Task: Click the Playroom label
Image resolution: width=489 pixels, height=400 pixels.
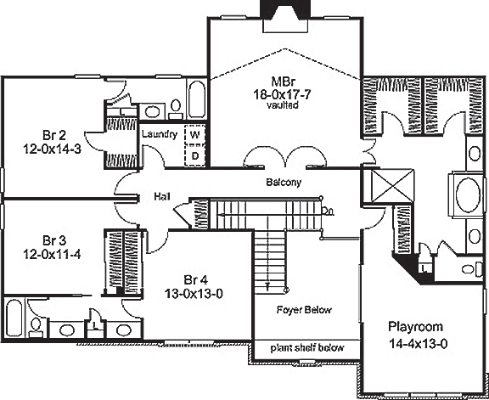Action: (x=416, y=326)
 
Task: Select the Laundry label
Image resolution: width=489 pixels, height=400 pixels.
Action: (x=159, y=135)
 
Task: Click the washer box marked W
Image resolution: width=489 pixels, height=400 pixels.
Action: (x=194, y=135)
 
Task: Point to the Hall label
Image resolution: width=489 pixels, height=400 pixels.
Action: (x=161, y=196)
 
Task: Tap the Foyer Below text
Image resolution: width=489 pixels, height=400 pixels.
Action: (x=304, y=311)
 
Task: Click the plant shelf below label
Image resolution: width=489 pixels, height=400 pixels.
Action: (x=306, y=347)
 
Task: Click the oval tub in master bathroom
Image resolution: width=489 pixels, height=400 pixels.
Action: (x=468, y=195)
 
